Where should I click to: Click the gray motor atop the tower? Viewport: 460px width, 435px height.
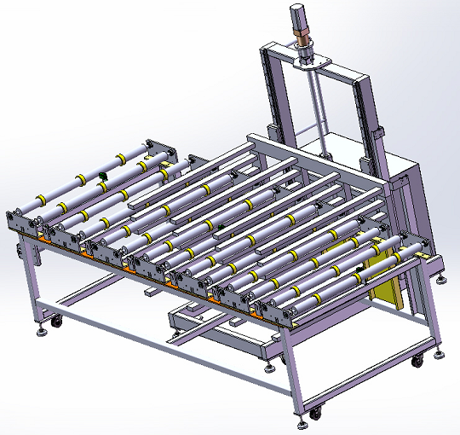(299, 16)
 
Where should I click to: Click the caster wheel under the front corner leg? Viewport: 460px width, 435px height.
(315, 414)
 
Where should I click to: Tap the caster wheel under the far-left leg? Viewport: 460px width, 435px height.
(56, 322)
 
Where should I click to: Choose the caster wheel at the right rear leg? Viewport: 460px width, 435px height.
(417, 361)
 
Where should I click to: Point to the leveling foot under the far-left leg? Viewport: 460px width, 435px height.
(41, 329)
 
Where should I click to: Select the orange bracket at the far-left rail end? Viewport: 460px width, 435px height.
(38, 236)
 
